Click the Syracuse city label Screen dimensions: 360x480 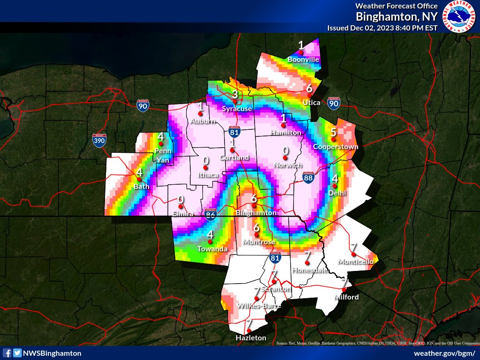click(x=237, y=109)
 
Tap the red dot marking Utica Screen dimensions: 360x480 click(x=309, y=95)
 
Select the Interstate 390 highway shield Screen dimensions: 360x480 click(x=99, y=140)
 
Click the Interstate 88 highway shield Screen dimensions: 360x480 click(x=308, y=177)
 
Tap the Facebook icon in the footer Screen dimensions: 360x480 click(x=7, y=353)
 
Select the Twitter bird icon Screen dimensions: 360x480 click(x=17, y=353)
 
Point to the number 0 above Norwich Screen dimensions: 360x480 click(x=285, y=151)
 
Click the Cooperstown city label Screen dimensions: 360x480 click(x=336, y=147)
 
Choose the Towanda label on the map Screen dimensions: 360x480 click(x=212, y=248)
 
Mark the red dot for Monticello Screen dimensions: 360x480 click(x=353, y=254)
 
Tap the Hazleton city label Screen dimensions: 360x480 click(x=251, y=338)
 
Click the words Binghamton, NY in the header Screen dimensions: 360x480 click(x=397, y=17)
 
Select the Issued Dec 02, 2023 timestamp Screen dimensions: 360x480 click(x=382, y=28)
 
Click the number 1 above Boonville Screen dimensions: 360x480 click(x=301, y=45)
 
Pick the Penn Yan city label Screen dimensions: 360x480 click(x=163, y=156)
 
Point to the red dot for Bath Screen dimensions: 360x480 click(x=139, y=179)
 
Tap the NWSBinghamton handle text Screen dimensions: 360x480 click(x=53, y=353)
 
